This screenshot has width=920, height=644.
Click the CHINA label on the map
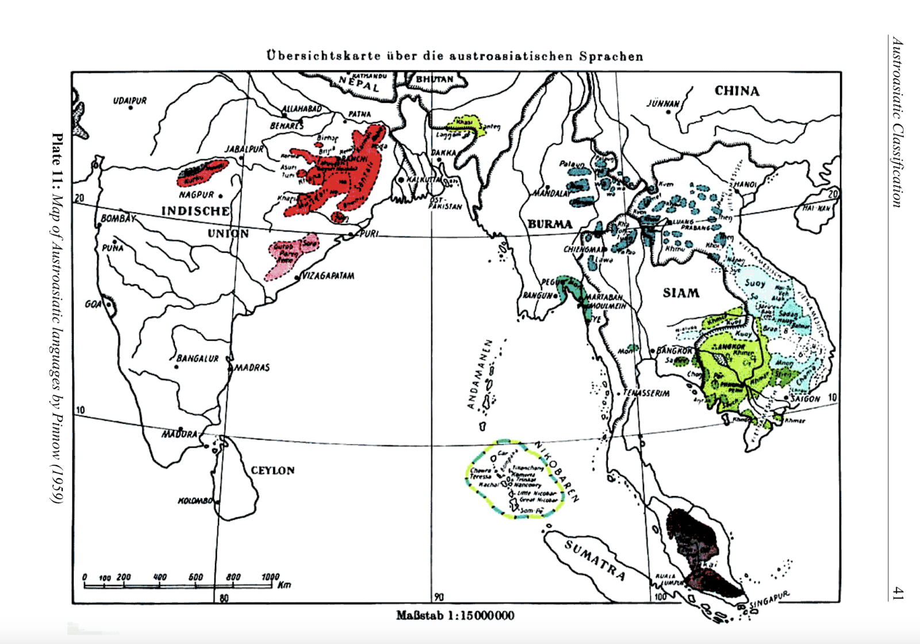click(737, 91)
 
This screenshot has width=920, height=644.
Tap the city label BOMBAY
click(118, 219)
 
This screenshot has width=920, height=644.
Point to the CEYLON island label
click(273, 470)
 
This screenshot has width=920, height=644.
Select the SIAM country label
click(681, 293)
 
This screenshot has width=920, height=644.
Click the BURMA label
click(550, 224)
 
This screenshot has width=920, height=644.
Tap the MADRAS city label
click(252, 367)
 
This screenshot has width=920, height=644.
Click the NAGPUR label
click(196, 195)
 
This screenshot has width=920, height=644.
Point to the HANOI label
click(745, 184)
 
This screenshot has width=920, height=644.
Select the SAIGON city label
click(805, 398)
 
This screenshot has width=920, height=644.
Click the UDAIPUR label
click(130, 101)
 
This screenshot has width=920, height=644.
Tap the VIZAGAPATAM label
click(328, 276)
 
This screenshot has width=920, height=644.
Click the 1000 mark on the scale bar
click(270, 577)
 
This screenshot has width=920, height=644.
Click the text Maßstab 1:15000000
click(455, 616)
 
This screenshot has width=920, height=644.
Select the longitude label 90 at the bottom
click(439, 597)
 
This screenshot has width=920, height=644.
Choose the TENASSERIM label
click(646, 394)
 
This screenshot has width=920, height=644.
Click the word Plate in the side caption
click(57, 147)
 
